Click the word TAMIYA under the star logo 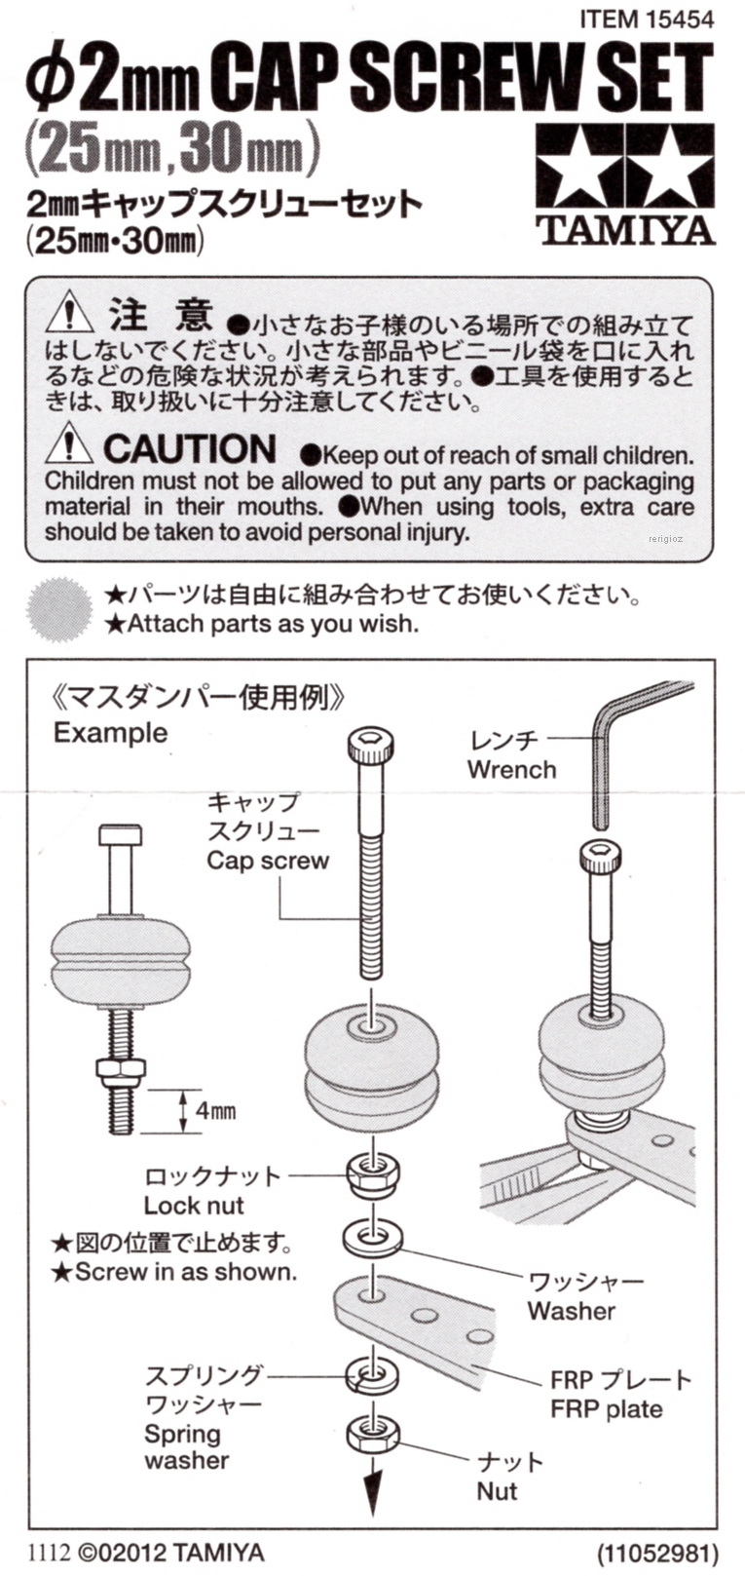click(x=625, y=230)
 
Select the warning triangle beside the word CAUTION click(x=69, y=444)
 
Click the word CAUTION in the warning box click(x=190, y=448)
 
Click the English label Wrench click(x=511, y=769)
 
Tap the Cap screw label click(x=268, y=860)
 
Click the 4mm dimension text click(x=216, y=1111)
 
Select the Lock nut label click(x=194, y=1206)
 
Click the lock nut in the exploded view click(x=370, y=1175)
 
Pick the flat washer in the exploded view click(x=372, y=1239)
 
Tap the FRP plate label click(x=607, y=1409)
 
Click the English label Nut click(x=497, y=1491)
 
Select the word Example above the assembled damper click(x=111, y=733)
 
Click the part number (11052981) click(x=658, y=1553)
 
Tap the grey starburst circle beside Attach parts click(x=59, y=608)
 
